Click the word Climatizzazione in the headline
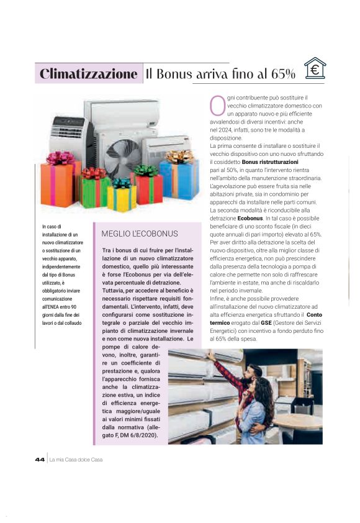pos(88,74)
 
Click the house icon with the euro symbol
pos(315,69)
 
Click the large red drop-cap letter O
pos(217,106)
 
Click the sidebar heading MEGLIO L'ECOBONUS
pos(139,234)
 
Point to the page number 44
pos(40,459)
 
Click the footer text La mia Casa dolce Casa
pos(76,459)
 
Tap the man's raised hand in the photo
pos(212,356)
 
